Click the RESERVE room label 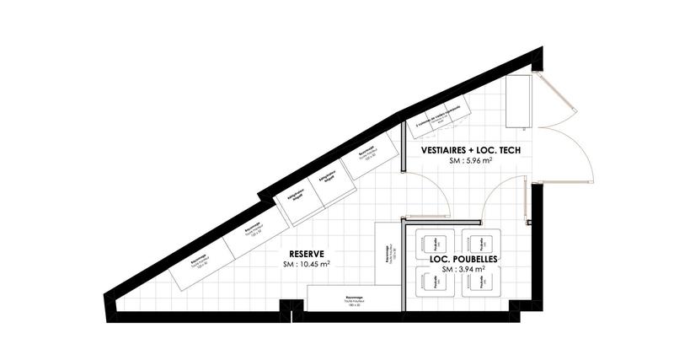tap(307, 253)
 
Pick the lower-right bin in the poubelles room tap(483, 285)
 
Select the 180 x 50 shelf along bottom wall tap(352, 298)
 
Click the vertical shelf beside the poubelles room tap(387, 253)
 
